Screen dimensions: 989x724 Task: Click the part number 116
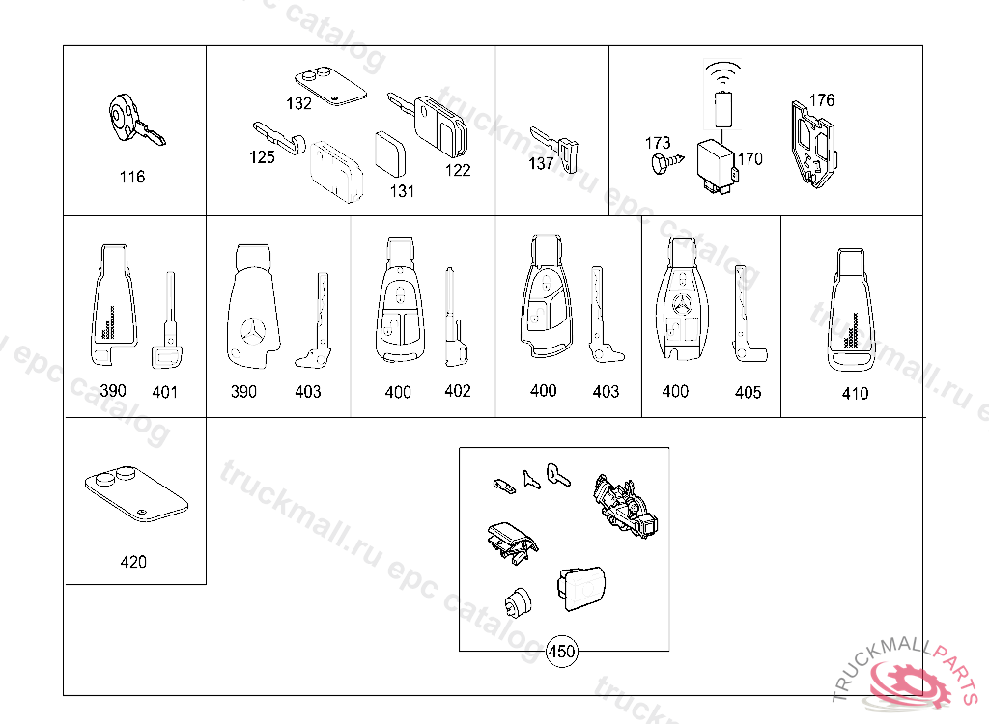pos(131,177)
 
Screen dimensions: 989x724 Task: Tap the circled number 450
pos(561,651)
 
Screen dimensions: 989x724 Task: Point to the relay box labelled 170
pos(717,166)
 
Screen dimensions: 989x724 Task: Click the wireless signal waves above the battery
pos(722,70)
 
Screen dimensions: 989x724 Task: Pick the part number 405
pos(749,392)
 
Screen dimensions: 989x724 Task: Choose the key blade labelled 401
pos(165,320)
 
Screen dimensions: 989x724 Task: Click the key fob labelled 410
pos(852,310)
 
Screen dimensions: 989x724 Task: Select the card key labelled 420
pos(136,494)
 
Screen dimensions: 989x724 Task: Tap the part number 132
pos(299,102)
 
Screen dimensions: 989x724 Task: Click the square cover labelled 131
pos(390,153)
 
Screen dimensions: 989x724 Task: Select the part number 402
pos(457,391)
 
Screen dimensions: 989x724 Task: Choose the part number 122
pos(457,170)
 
